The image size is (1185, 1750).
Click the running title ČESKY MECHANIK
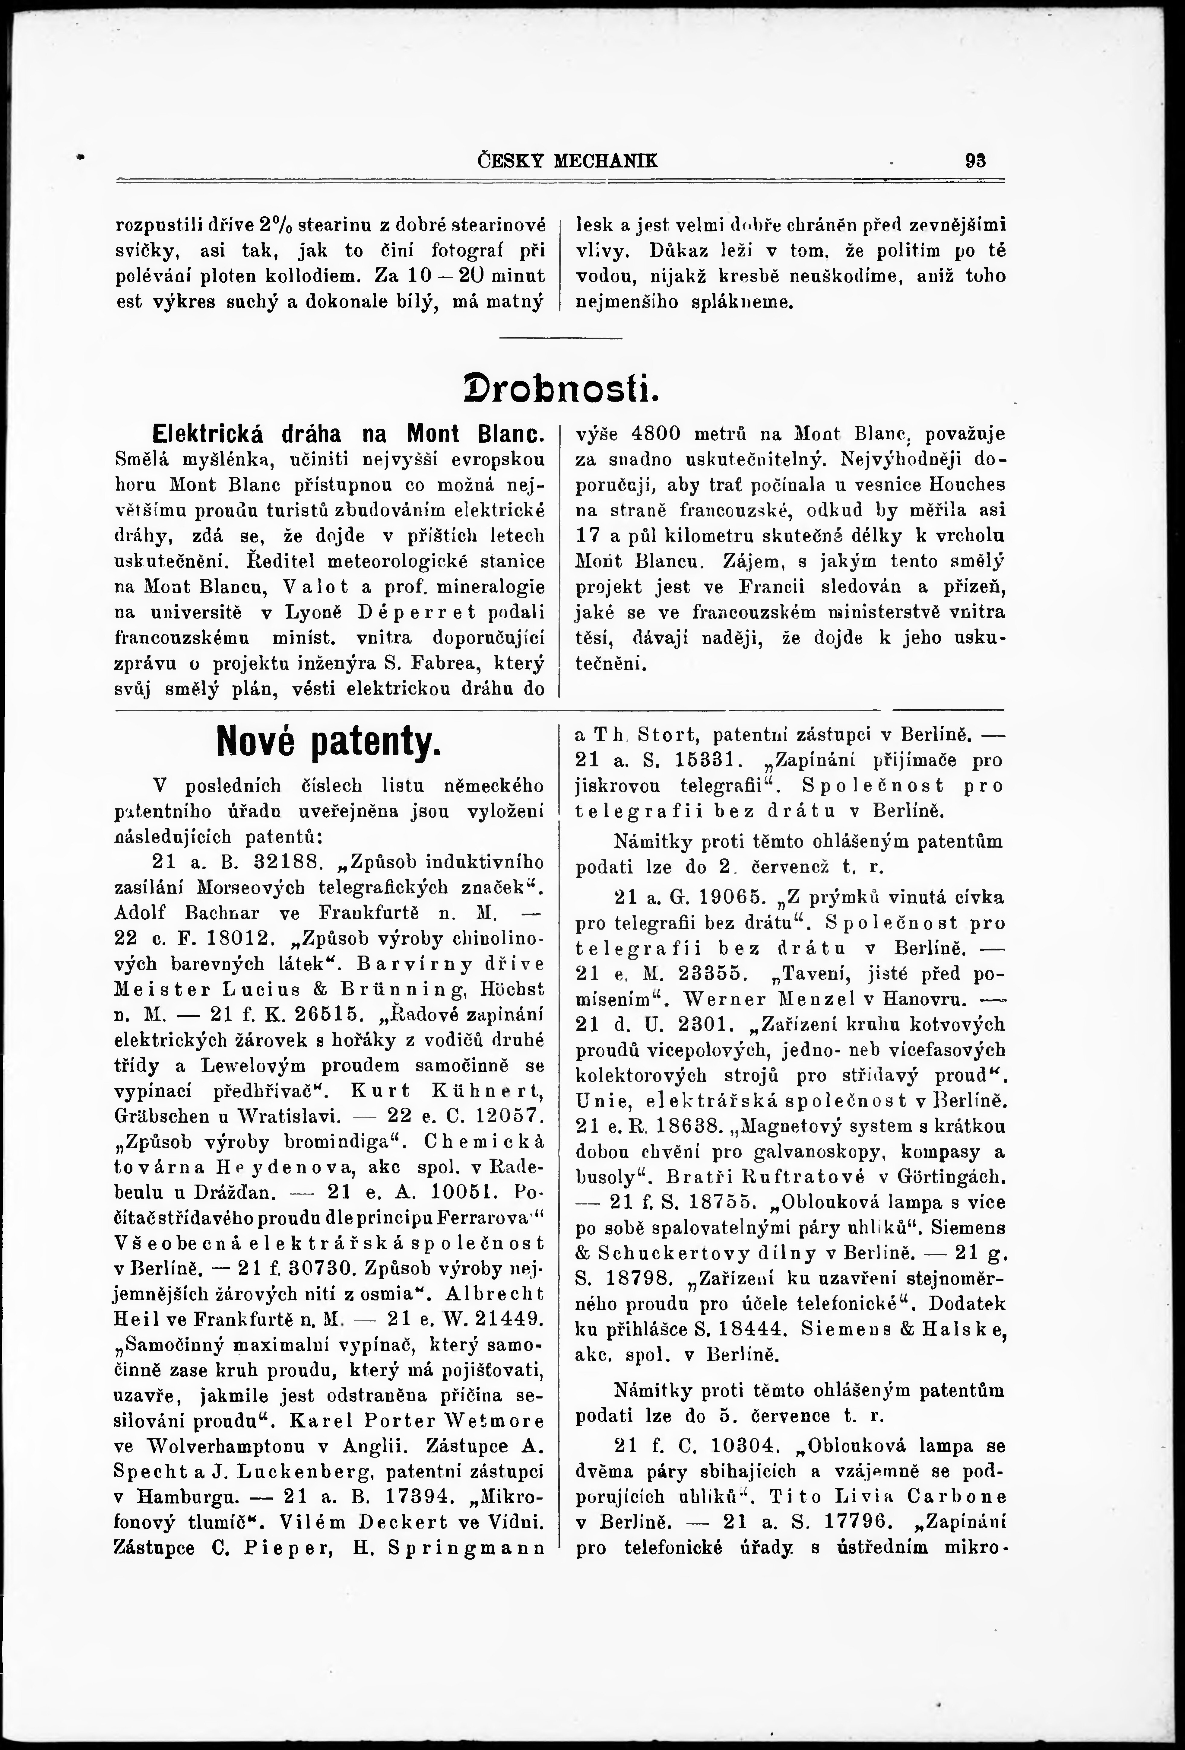[568, 161]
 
